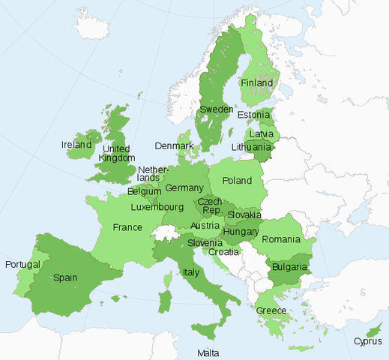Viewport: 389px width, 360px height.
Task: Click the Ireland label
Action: pyautogui.click(x=76, y=144)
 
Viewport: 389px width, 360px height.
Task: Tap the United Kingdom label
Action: pyautogui.click(x=118, y=153)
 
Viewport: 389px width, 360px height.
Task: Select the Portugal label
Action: pyautogui.click(x=22, y=265)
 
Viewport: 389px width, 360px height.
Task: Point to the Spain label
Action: pyautogui.click(x=64, y=277)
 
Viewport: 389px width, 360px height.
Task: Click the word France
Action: pyautogui.click(x=127, y=227)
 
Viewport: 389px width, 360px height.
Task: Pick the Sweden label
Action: pyautogui.click(x=215, y=110)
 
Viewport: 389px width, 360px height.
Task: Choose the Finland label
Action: pyautogui.click(x=258, y=82)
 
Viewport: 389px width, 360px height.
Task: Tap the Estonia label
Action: pyautogui.click(x=253, y=115)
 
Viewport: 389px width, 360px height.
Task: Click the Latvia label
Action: pyautogui.click(x=261, y=133)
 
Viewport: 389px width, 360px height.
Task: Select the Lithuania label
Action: pyautogui.click(x=251, y=147)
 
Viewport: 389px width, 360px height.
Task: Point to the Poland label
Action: pyautogui.click(x=237, y=181)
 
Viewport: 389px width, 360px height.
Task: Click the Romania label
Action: pyautogui.click(x=281, y=239)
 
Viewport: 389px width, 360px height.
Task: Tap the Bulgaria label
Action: pyautogui.click(x=289, y=266)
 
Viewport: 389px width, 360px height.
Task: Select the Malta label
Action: pyautogui.click(x=208, y=352)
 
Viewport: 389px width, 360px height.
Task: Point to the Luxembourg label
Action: pyautogui.click(x=157, y=206)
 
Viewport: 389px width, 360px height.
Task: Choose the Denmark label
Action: pyautogui.click(x=174, y=145)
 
